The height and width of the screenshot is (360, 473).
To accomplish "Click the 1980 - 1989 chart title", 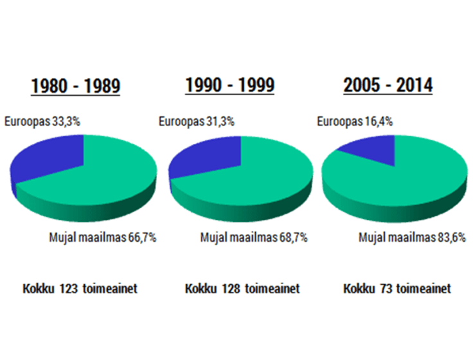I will pos(76,86).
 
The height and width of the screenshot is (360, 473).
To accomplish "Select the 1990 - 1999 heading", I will pos(229,85).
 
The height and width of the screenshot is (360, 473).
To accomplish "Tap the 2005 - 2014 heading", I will pos(388,85).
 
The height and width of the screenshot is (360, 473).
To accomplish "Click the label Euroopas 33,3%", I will pos(42,121).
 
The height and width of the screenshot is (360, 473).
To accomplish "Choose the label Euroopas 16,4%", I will pos(356,121).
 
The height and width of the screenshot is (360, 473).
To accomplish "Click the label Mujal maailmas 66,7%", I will pos(103,237).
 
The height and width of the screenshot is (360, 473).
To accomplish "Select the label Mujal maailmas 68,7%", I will pos(254,237).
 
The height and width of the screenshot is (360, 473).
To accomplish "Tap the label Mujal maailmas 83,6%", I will pos(412,237).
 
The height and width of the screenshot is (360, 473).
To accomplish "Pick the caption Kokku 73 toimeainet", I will pos(397,289).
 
